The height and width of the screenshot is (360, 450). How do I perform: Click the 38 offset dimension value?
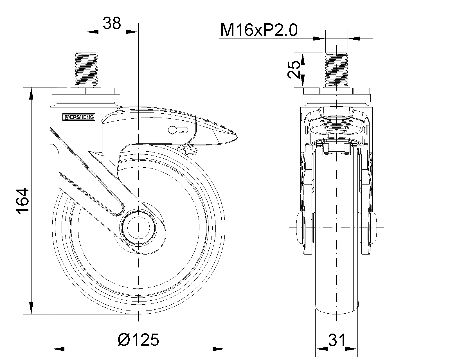pos(112,23)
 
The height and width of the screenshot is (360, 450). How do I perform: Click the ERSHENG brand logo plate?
pos(79,117)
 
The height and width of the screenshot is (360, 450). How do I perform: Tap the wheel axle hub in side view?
pos(139,228)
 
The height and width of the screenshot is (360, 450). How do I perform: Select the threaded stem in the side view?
pos(86,70)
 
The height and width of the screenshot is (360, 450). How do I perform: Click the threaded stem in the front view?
pos(336,70)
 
